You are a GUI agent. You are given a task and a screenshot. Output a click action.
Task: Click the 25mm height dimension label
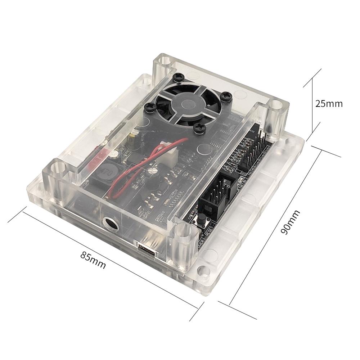tap(329, 104)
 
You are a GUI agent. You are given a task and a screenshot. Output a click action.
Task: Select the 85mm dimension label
tap(93, 260)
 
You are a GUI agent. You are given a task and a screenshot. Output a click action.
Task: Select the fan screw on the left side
tap(148, 107)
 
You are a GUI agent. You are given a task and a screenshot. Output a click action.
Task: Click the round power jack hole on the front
tap(111, 224)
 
